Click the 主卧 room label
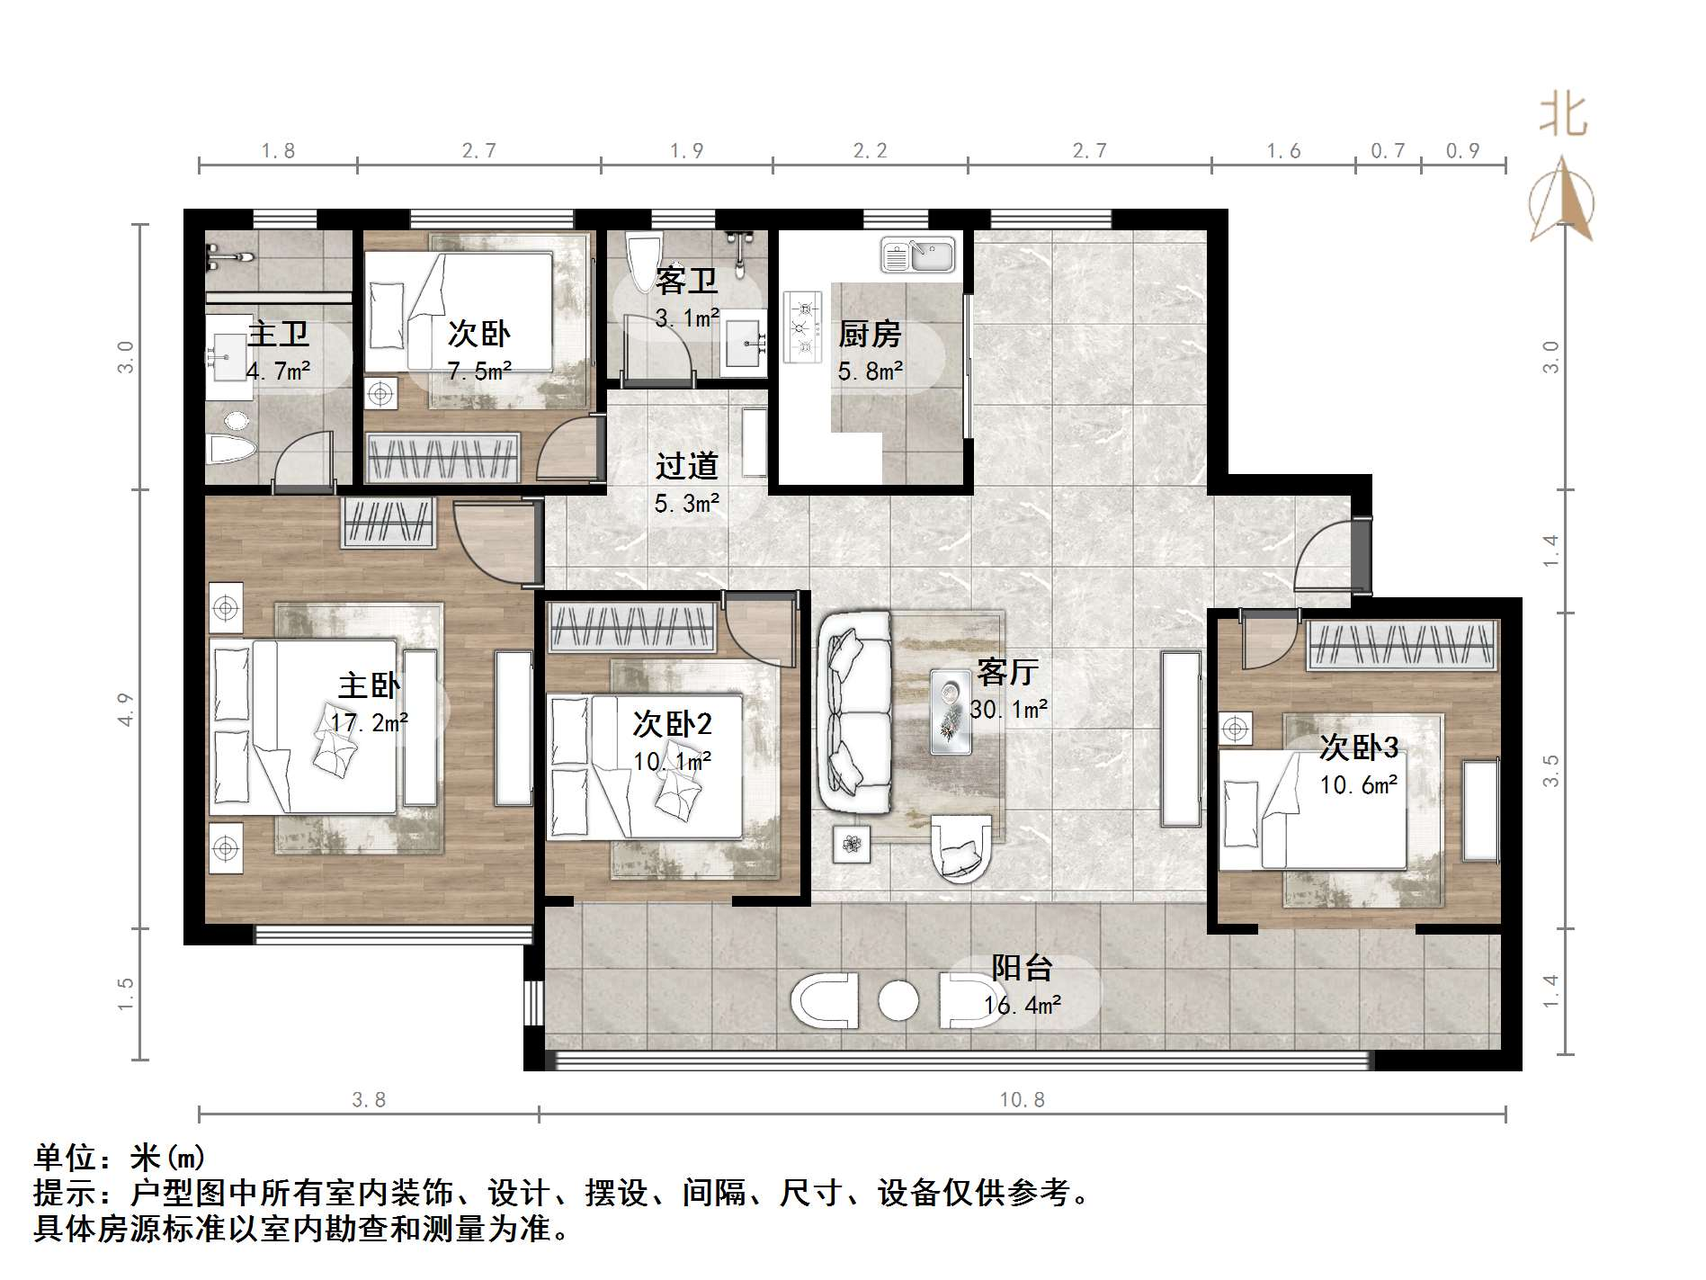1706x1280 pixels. (x=369, y=685)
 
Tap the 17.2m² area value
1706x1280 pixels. (x=369, y=721)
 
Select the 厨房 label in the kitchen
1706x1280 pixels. (x=870, y=334)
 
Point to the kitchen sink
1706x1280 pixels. (x=917, y=255)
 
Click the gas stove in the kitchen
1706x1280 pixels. (x=803, y=327)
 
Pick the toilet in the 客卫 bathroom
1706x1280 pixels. (x=644, y=263)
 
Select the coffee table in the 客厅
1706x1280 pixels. (x=951, y=711)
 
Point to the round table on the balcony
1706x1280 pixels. (x=898, y=1000)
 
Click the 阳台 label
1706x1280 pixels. (x=1023, y=968)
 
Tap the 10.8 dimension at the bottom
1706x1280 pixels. (x=1023, y=1099)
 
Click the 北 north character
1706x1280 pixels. (x=1563, y=117)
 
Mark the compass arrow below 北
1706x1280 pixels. (x=1562, y=199)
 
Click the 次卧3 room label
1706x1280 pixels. (x=1359, y=747)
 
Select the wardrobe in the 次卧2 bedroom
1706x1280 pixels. (x=632, y=626)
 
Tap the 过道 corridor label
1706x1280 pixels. (x=687, y=465)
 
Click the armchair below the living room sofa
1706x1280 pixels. (x=960, y=848)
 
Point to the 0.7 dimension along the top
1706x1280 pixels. (x=1388, y=150)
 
